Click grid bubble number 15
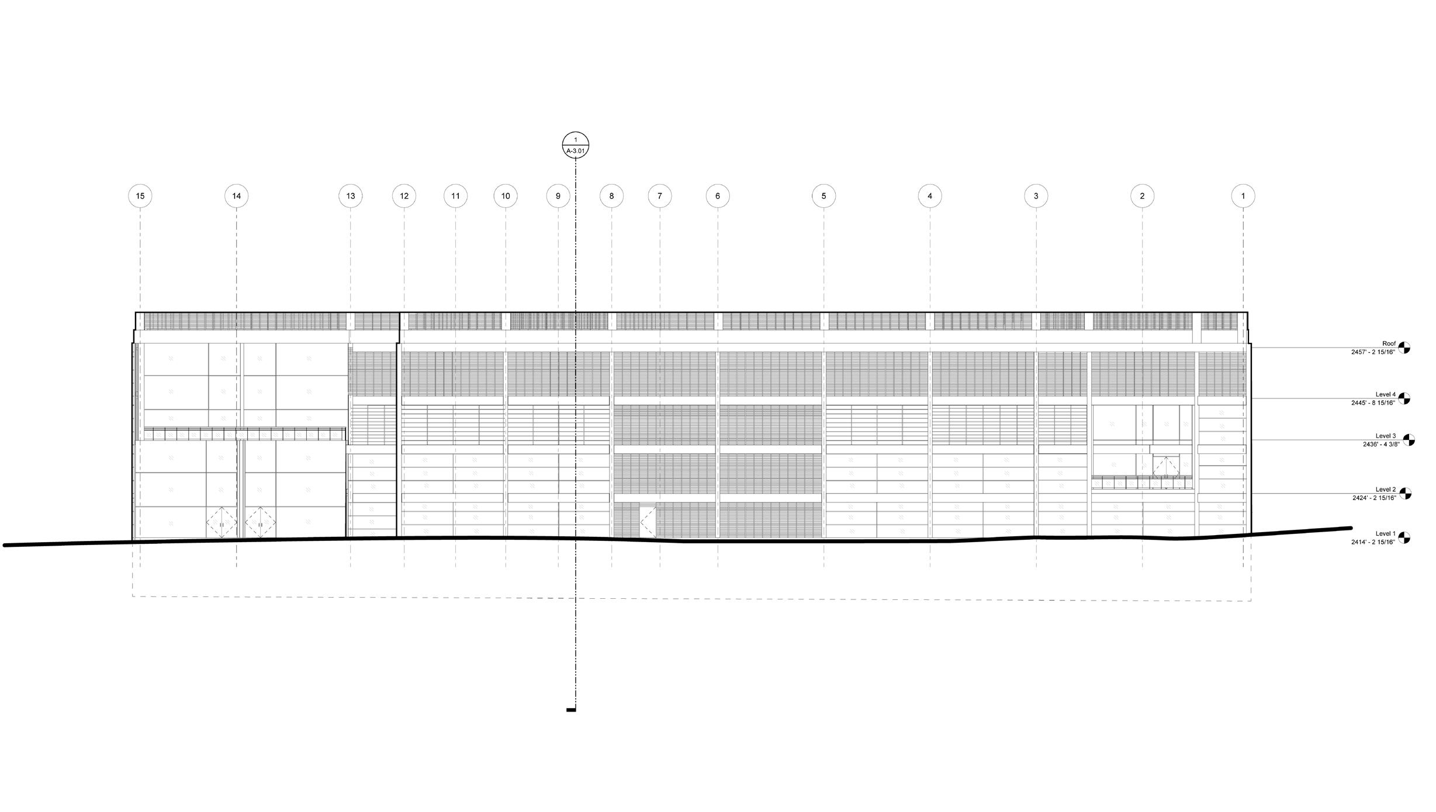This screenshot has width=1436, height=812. coord(140,196)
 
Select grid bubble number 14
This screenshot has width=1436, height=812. coord(237,196)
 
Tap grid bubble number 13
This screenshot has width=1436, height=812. coord(351,196)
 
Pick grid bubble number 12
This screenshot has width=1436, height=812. coord(404,196)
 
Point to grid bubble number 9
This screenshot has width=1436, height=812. coord(558,196)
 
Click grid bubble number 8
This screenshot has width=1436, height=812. coord(612,196)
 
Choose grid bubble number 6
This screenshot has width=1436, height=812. coord(718,196)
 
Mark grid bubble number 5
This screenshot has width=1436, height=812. coord(824,196)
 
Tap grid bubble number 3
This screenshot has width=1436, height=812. coord(1036,196)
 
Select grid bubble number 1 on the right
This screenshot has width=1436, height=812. coord(1243,196)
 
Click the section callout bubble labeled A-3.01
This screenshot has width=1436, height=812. coord(576,145)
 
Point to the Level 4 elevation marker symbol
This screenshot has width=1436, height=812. coord(1404,398)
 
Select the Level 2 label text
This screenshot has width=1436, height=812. coord(1385,490)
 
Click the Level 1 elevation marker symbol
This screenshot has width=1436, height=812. coord(1404,537)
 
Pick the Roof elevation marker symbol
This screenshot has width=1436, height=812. coord(1404,348)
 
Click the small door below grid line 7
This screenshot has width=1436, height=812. coord(648,522)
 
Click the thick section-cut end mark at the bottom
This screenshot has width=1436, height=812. coord(571,710)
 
